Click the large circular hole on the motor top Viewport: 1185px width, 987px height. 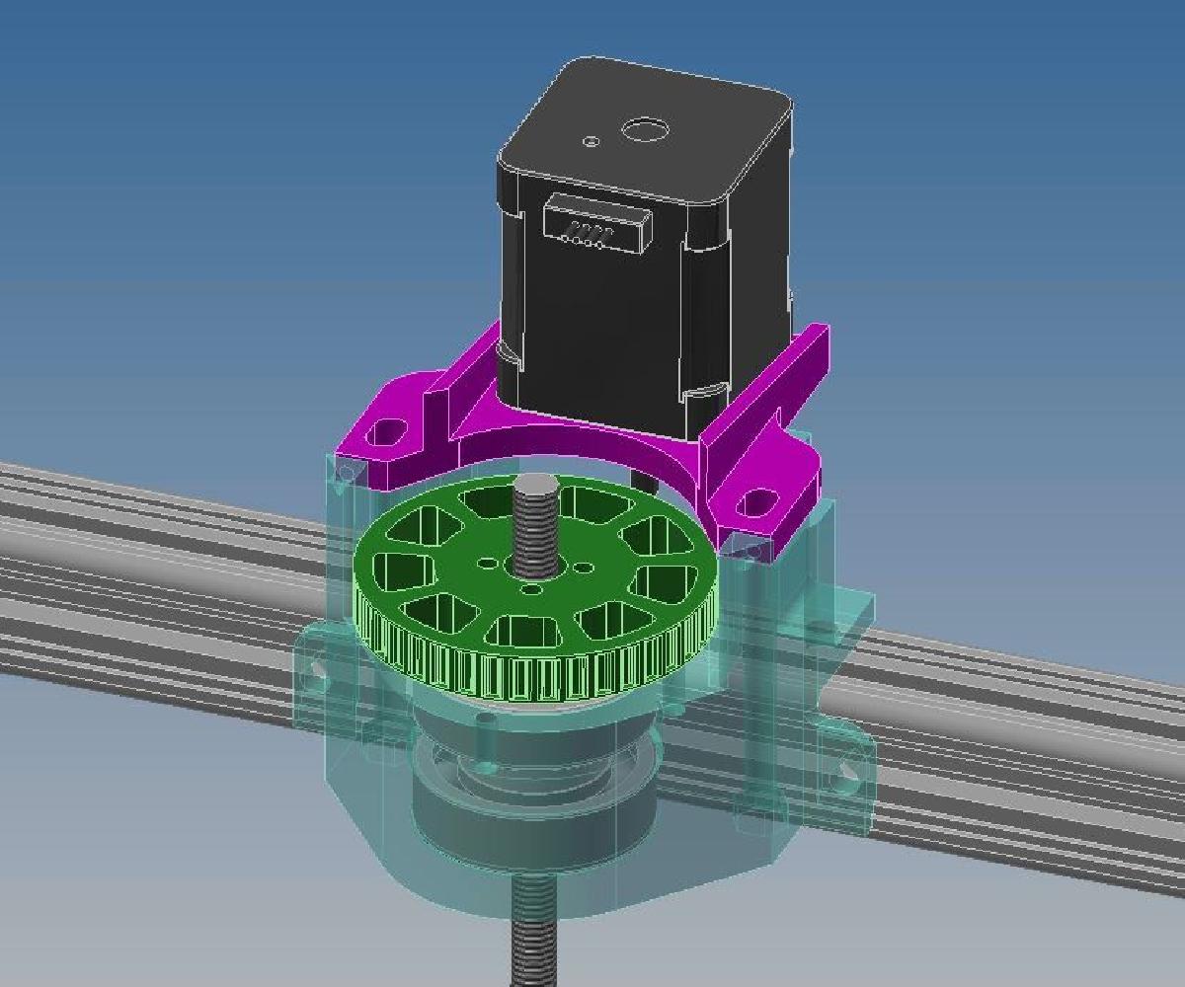(x=644, y=129)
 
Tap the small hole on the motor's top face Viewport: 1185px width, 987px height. (x=591, y=141)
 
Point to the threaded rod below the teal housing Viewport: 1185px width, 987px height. (x=534, y=933)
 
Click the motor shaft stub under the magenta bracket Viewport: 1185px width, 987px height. (x=647, y=482)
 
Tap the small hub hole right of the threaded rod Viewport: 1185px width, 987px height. (x=585, y=569)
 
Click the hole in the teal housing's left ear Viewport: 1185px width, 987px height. (x=318, y=670)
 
